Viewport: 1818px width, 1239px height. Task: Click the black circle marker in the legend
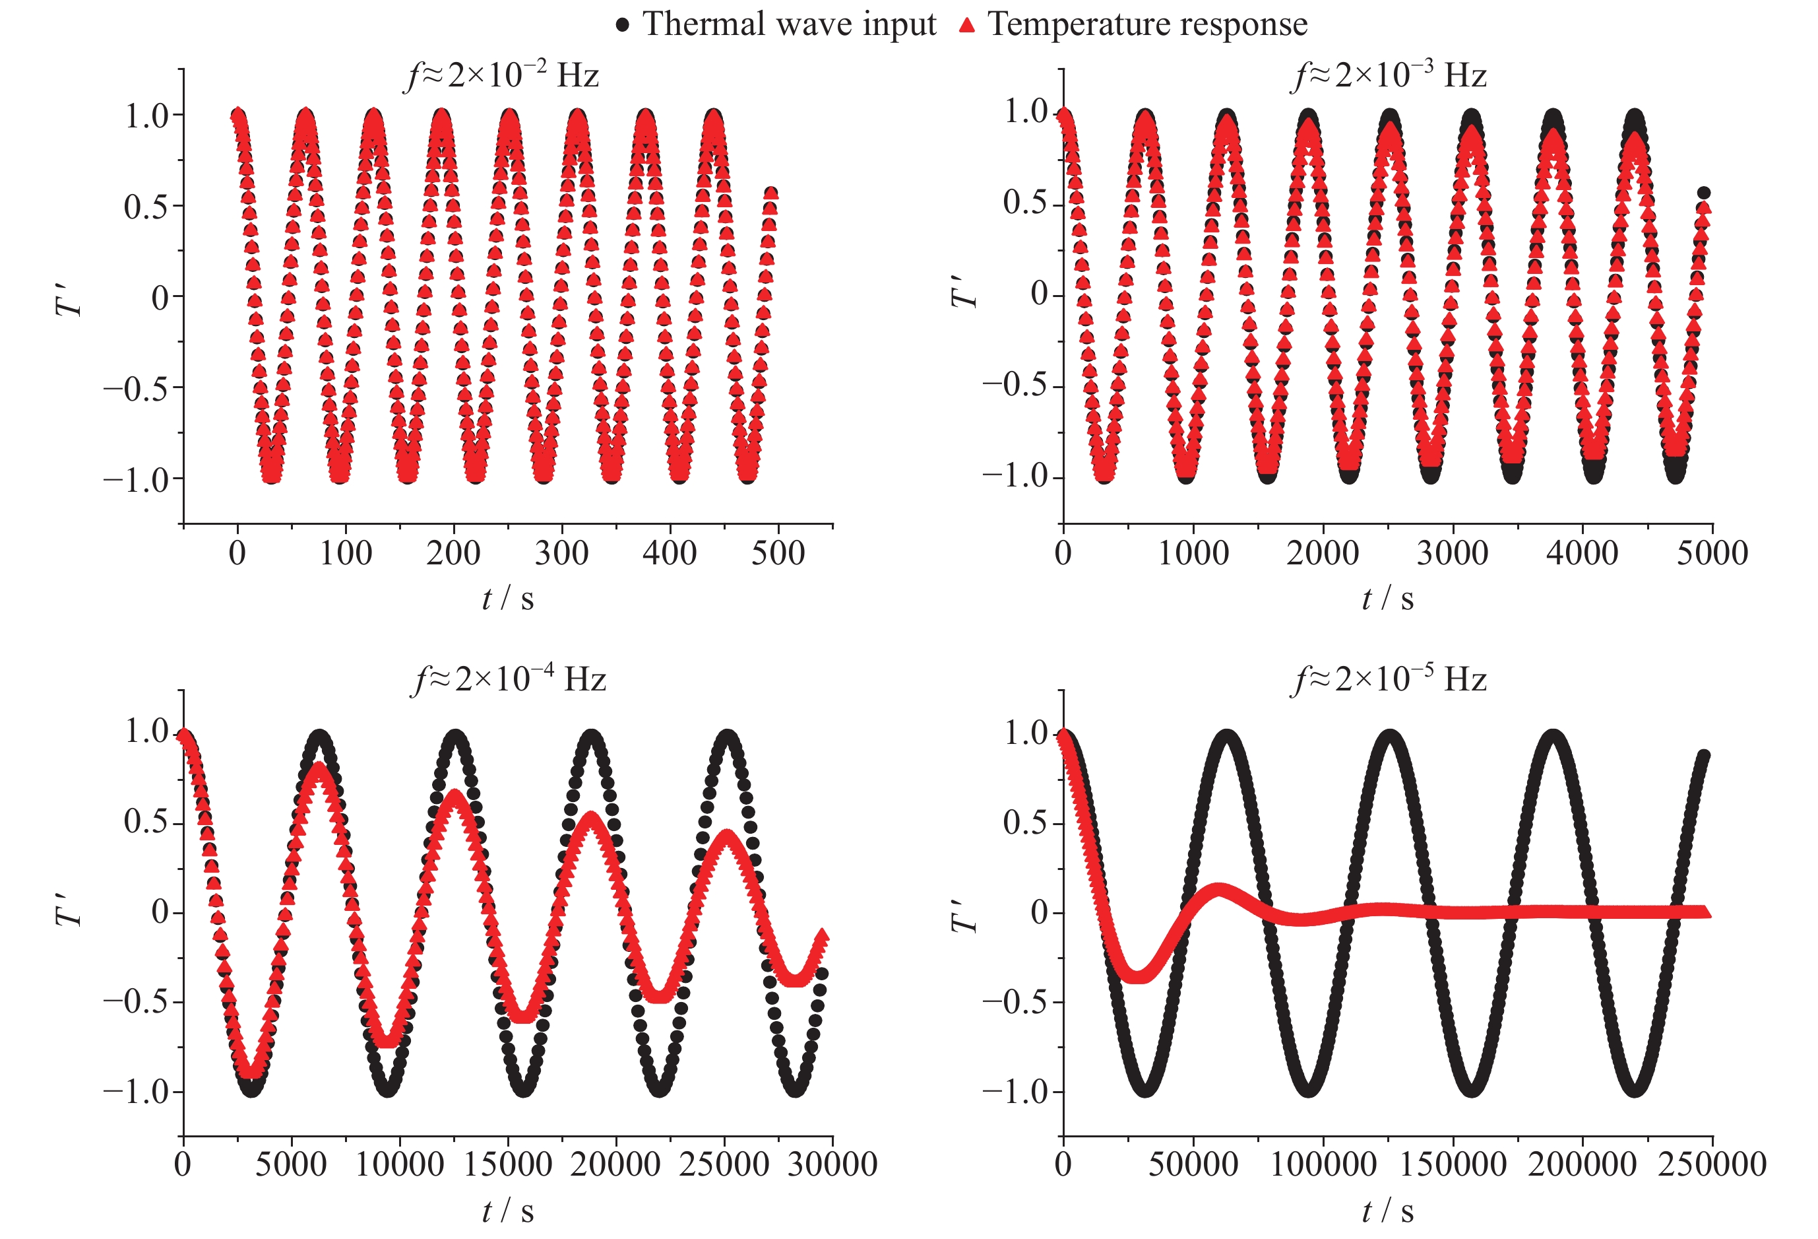pyautogui.click(x=622, y=25)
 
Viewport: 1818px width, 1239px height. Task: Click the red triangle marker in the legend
pyautogui.click(x=967, y=25)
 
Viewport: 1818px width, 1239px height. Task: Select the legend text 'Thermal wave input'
pyautogui.click(x=788, y=24)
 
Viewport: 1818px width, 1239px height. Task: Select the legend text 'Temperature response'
pyautogui.click(x=1147, y=24)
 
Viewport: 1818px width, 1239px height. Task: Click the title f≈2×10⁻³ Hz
pyautogui.click(x=1388, y=76)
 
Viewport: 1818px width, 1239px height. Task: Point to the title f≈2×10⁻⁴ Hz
pyautogui.click(x=509, y=679)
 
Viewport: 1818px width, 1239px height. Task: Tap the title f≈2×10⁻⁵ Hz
pyautogui.click(x=1388, y=679)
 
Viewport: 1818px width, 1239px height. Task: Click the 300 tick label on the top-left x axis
pyautogui.click(x=561, y=554)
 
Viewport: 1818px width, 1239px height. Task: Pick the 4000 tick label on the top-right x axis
pyautogui.click(x=1582, y=554)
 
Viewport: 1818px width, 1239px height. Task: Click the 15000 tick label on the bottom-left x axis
pyautogui.click(x=508, y=1164)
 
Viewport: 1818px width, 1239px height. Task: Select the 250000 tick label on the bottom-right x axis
pyautogui.click(x=1712, y=1164)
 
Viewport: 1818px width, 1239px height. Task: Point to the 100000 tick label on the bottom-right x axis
pyautogui.click(x=1322, y=1164)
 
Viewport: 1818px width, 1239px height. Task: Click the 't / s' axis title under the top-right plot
pyautogui.click(x=1388, y=599)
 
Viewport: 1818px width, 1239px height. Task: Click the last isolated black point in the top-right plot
pyautogui.click(x=1703, y=193)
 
